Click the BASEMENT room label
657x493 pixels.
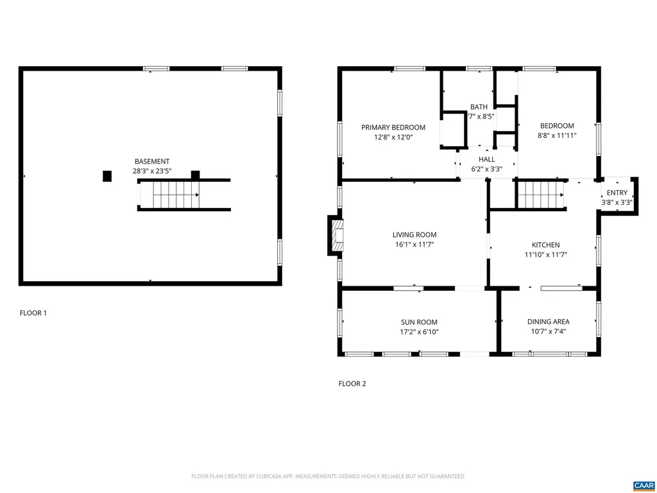[152, 162]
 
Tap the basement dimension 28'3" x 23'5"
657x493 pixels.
[152, 171]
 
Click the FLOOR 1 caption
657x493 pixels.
[33, 313]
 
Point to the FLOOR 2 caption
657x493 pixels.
[352, 384]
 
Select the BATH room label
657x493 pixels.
[479, 107]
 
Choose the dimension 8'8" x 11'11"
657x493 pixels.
[557, 135]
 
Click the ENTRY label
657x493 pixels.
[617, 193]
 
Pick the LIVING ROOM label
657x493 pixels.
[414, 235]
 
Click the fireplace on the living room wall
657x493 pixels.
[336, 236]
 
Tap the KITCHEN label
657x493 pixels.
[545, 245]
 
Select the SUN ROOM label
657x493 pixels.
[419, 322]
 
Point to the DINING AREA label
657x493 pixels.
[548, 322]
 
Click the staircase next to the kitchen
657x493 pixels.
[540, 195]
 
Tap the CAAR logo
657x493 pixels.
[643, 485]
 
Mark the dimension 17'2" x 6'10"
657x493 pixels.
[419, 332]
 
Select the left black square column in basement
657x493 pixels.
[107, 176]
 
